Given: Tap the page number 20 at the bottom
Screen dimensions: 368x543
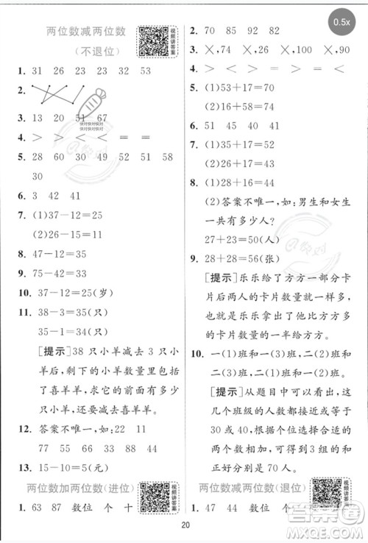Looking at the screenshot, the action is tap(185, 525).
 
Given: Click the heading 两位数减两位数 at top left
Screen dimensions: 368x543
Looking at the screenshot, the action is tap(86, 31).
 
